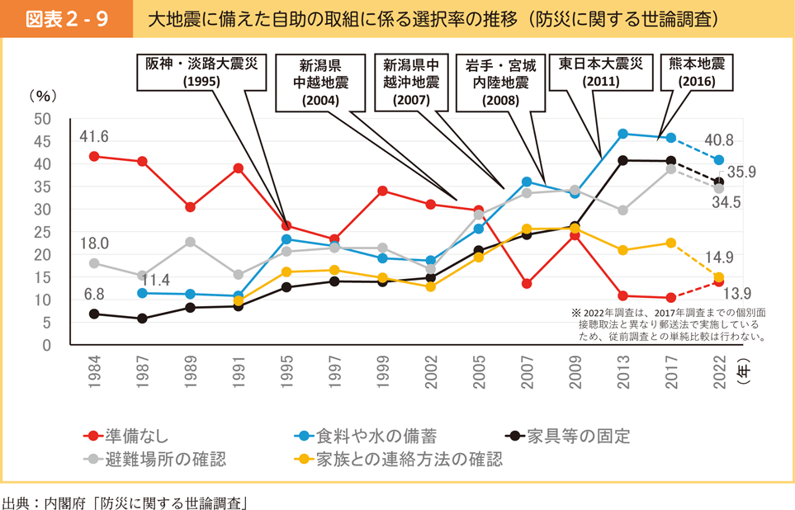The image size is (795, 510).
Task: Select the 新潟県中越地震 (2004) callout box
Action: pyautogui.click(x=320, y=83)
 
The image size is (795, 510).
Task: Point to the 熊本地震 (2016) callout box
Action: pyautogui.click(x=697, y=72)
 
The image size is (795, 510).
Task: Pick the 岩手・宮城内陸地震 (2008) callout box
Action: pyautogui.click(x=500, y=83)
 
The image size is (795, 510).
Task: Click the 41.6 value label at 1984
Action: pyautogui.click(x=94, y=136)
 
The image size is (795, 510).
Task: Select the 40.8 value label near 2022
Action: pyautogui.click(x=719, y=141)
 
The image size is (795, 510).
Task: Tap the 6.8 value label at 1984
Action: pyautogui.click(x=94, y=294)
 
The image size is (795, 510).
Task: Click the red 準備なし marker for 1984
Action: pyautogui.click(x=94, y=156)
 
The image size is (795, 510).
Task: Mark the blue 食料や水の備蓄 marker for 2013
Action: pyautogui.click(x=623, y=134)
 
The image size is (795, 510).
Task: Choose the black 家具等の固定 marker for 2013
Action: pyautogui.click(x=623, y=160)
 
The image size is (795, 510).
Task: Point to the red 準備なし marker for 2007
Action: pyautogui.click(x=527, y=283)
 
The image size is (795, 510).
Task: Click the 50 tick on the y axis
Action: pyautogui.click(x=43, y=119)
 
